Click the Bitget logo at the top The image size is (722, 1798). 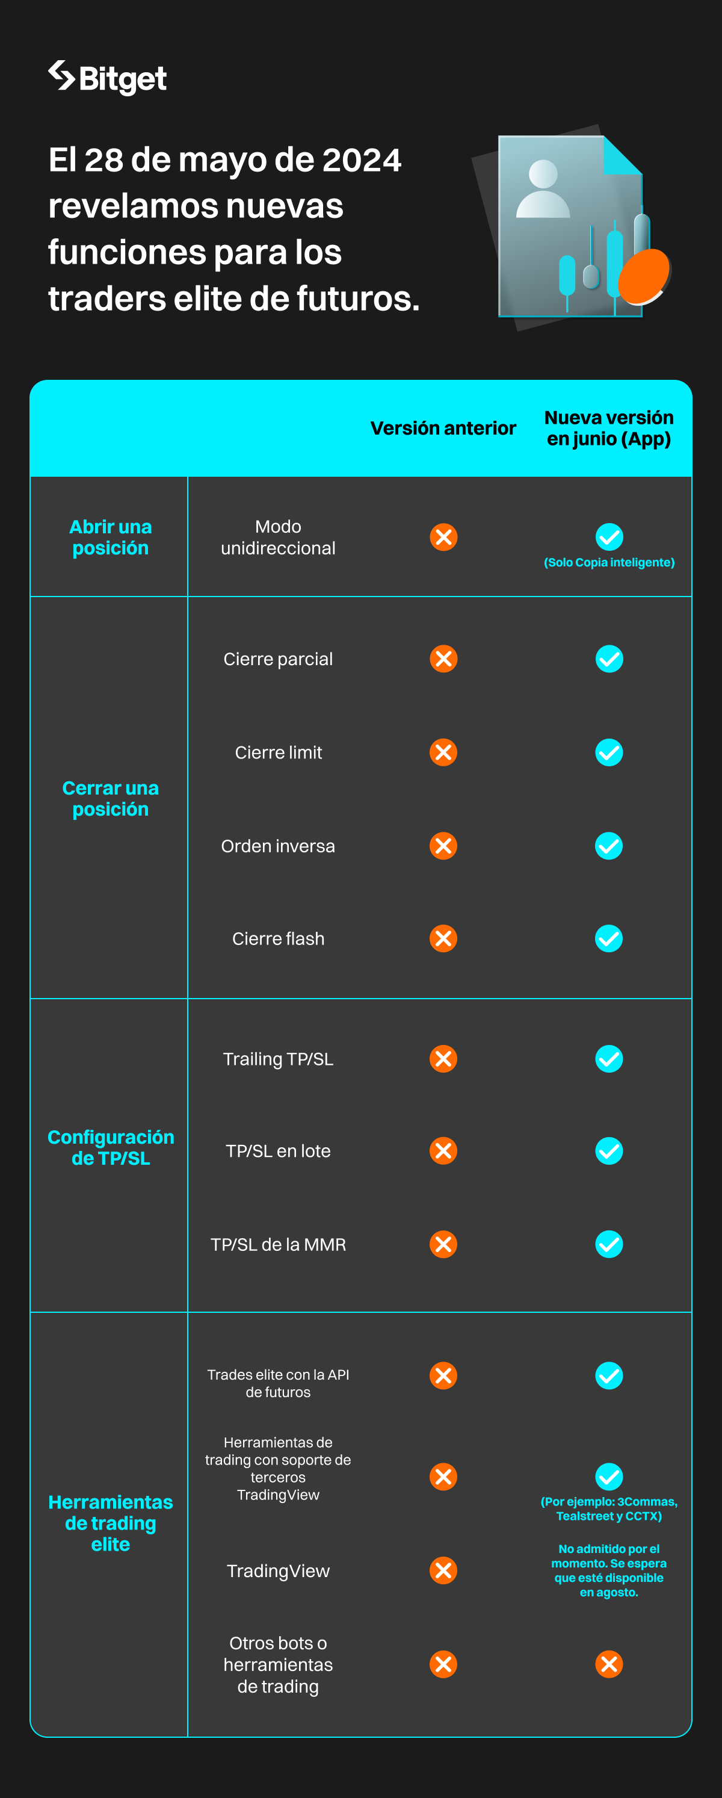click(x=108, y=78)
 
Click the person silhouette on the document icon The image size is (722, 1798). click(x=543, y=190)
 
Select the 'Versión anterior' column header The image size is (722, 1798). click(x=443, y=428)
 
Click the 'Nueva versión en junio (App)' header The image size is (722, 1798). click(x=608, y=428)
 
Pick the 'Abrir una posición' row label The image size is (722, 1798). click(x=110, y=537)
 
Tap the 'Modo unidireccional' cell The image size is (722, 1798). click(x=277, y=537)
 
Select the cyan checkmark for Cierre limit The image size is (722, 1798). click(x=609, y=752)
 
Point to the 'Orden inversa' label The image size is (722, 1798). click(x=277, y=846)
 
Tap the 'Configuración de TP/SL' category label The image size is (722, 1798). click(x=110, y=1147)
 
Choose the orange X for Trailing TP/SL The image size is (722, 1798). click(x=443, y=1058)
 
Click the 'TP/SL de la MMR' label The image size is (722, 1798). click(x=277, y=1244)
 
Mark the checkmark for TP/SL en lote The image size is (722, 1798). click(x=609, y=1150)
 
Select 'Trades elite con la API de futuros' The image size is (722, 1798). click(x=277, y=1383)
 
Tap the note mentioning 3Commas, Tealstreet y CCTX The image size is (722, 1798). click(x=609, y=1508)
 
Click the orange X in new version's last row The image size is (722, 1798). click(x=609, y=1663)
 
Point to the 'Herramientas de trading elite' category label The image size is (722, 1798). click(x=110, y=1522)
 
